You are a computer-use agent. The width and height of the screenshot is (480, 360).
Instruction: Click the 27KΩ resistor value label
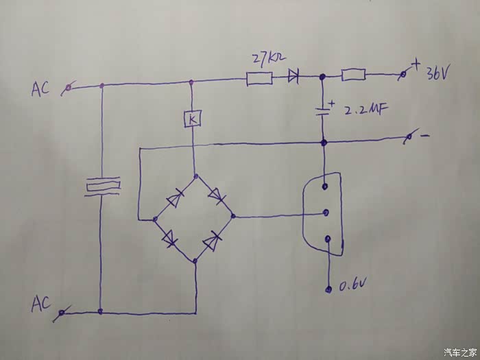[x=269, y=60]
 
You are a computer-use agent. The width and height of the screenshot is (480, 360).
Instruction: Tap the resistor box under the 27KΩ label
[x=259, y=80]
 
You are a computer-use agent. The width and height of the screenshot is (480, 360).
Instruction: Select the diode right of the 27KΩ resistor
[x=294, y=78]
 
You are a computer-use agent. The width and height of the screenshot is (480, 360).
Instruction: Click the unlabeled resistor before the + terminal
[x=353, y=75]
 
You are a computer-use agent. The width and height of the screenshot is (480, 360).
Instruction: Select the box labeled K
[x=192, y=120]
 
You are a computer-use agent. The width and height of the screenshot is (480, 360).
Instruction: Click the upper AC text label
[x=40, y=89]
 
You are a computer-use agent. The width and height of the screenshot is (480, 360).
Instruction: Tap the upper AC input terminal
[x=67, y=88]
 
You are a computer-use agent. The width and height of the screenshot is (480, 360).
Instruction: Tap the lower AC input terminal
[x=62, y=313]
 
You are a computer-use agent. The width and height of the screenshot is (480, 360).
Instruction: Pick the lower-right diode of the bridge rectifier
[x=214, y=241]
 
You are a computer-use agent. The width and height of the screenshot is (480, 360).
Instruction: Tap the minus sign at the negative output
[x=425, y=136]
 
